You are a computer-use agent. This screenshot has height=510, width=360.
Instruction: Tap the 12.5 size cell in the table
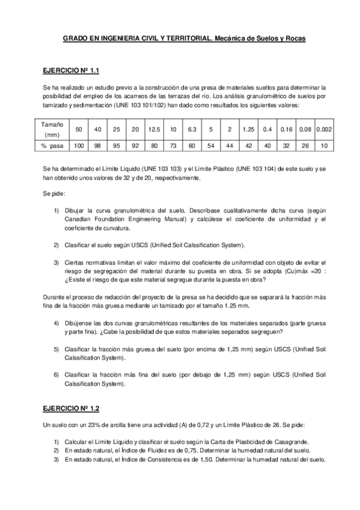tap(154, 129)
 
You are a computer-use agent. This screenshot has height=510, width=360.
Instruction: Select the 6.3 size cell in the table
tap(192, 129)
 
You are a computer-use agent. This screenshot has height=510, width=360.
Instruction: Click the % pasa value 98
tap(97, 146)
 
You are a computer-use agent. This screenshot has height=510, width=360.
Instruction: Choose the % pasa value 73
tap(172, 146)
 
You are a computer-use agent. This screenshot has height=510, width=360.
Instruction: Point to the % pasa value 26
tap(305, 146)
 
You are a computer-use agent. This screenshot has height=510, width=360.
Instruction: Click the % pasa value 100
tap(79, 146)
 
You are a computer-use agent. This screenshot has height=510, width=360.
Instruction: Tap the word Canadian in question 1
tap(78, 220)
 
